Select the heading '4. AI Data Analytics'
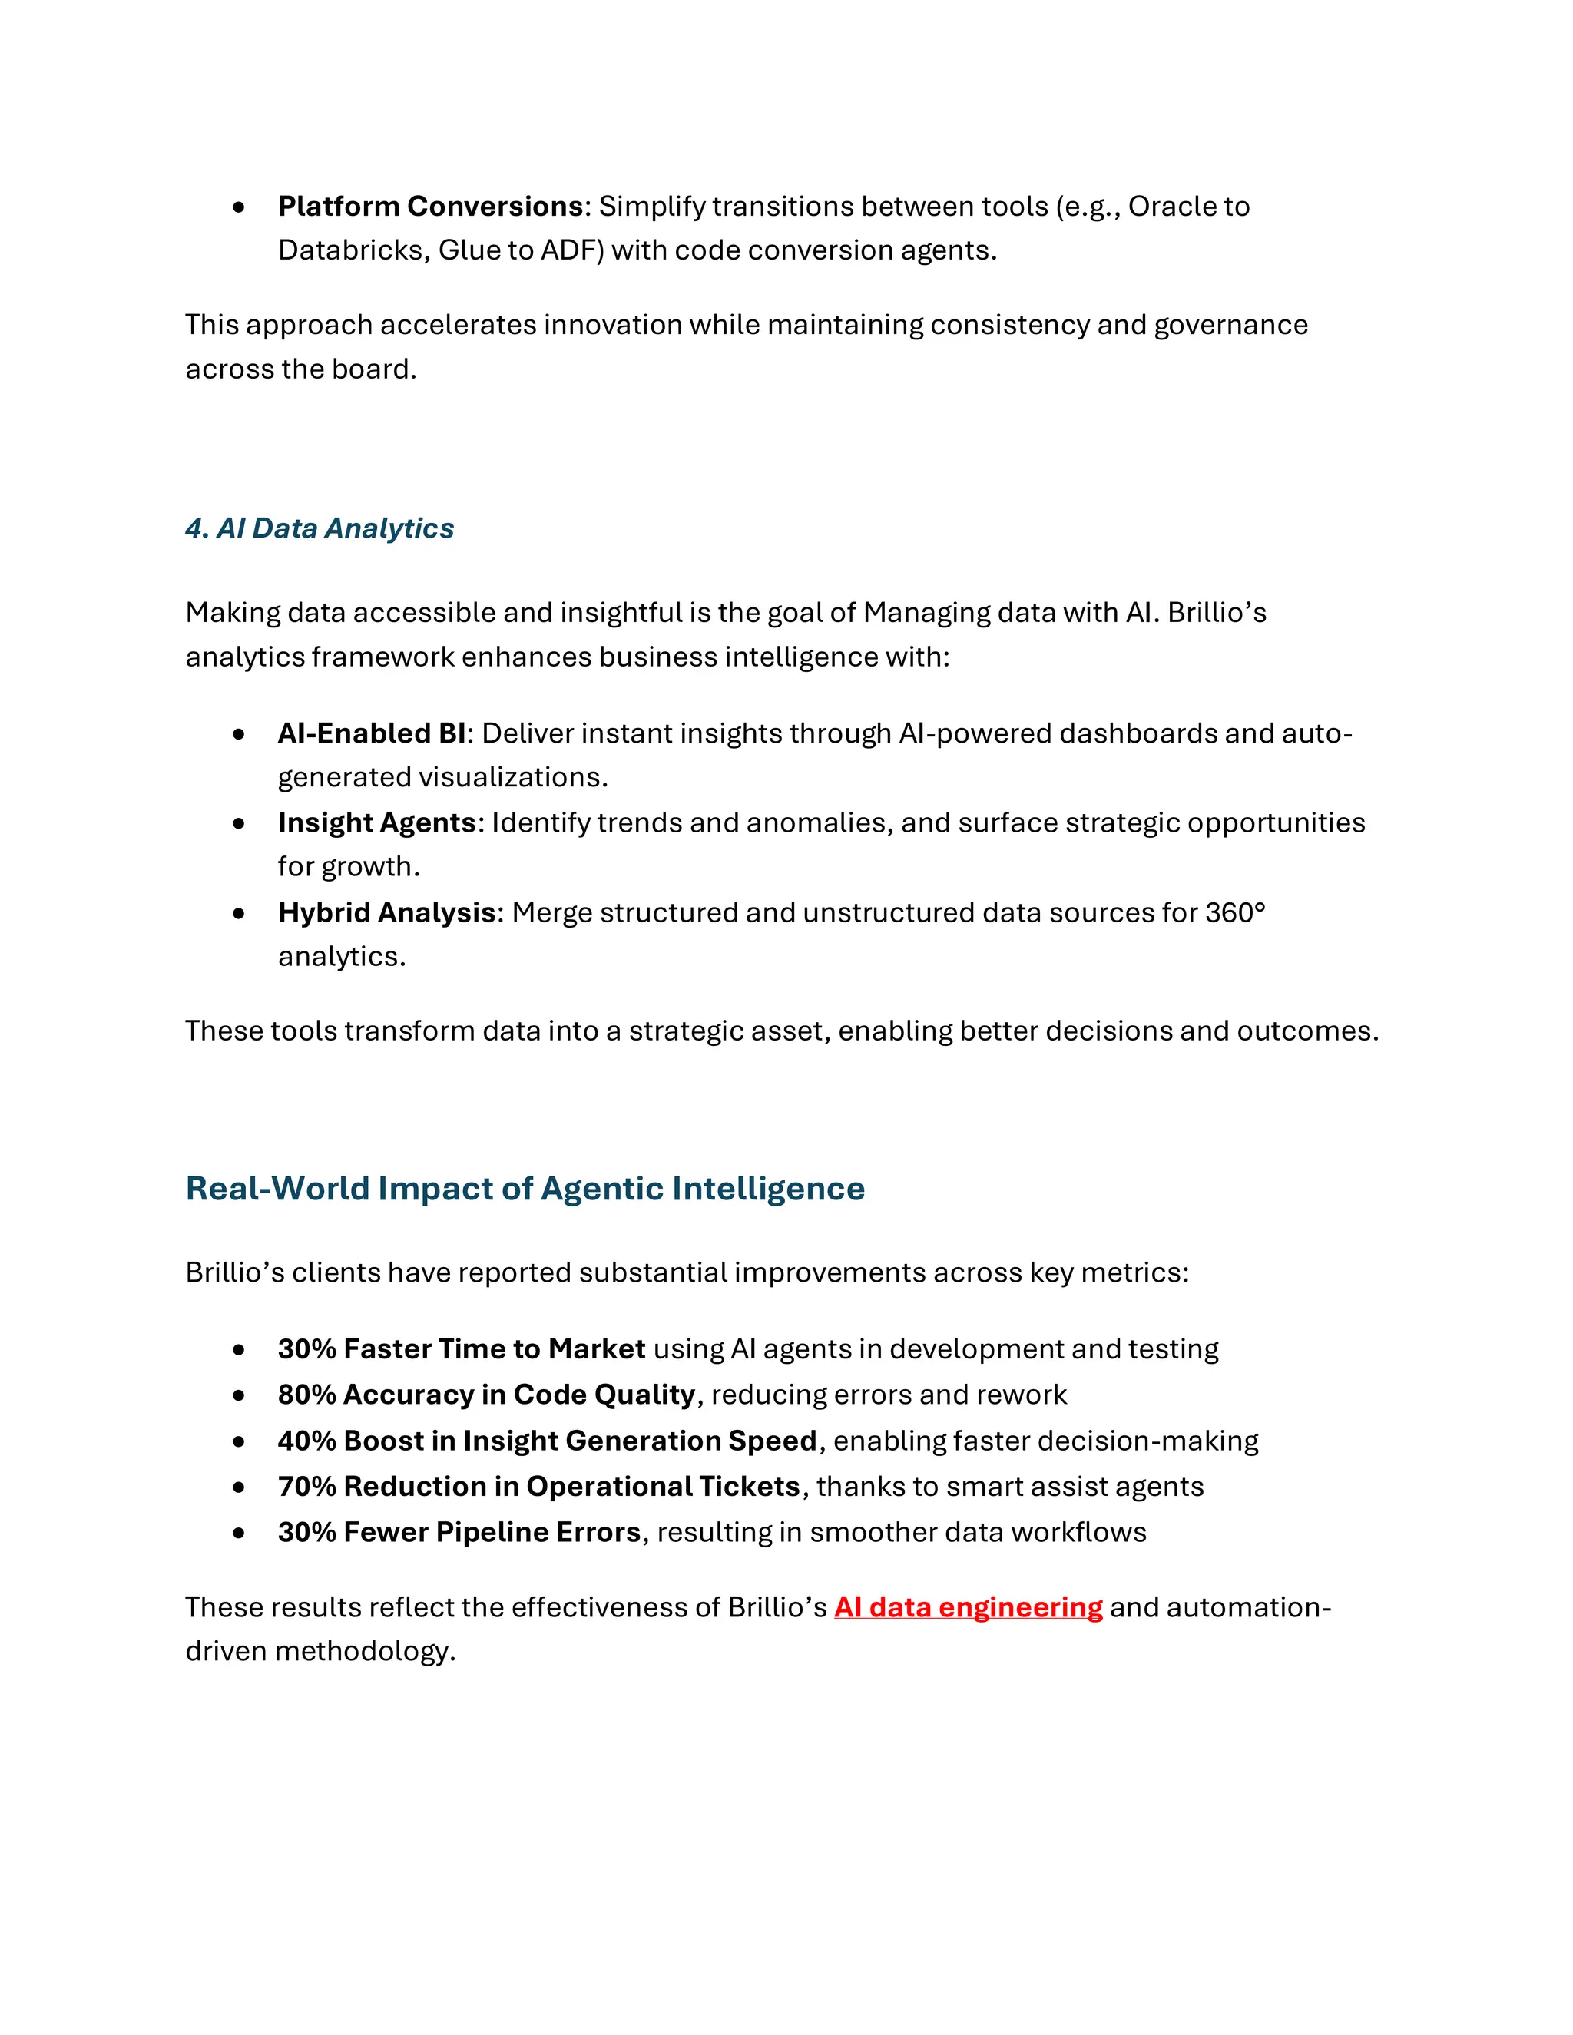click(x=319, y=528)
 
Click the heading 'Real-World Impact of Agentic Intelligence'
click(x=525, y=1188)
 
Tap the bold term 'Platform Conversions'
click(x=431, y=206)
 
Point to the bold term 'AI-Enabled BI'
click(x=371, y=733)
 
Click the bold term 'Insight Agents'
click(x=376, y=822)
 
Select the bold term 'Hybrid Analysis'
click(x=386, y=912)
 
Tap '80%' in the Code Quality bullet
click(x=306, y=1395)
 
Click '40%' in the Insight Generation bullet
click(x=306, y=1441)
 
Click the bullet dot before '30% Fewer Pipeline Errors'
click(x=240, y=1533)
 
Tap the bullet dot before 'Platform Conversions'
click(x=240, y=207)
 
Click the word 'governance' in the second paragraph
click(x=1230, y=325)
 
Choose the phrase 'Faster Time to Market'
click(x=494, y=1349)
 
